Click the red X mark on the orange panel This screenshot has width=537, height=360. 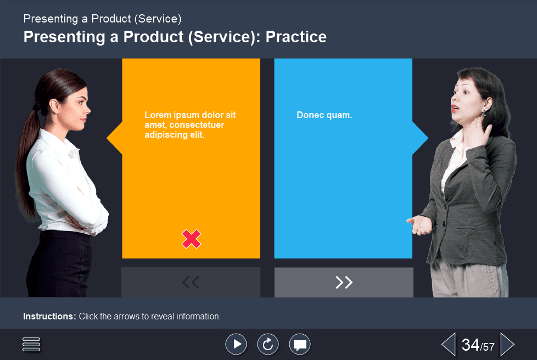191,239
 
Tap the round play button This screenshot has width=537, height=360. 236,344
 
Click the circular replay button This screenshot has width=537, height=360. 268,344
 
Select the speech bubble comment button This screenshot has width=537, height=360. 300,344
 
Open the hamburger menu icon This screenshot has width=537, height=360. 31,344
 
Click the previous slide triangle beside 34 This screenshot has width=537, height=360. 449,345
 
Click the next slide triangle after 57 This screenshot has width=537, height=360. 507,345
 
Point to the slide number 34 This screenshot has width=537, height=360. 471,345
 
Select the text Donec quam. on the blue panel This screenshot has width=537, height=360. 325,115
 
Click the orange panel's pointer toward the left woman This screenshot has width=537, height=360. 114,138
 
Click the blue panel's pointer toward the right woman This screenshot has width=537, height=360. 420,138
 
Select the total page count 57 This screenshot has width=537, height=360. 489,347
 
